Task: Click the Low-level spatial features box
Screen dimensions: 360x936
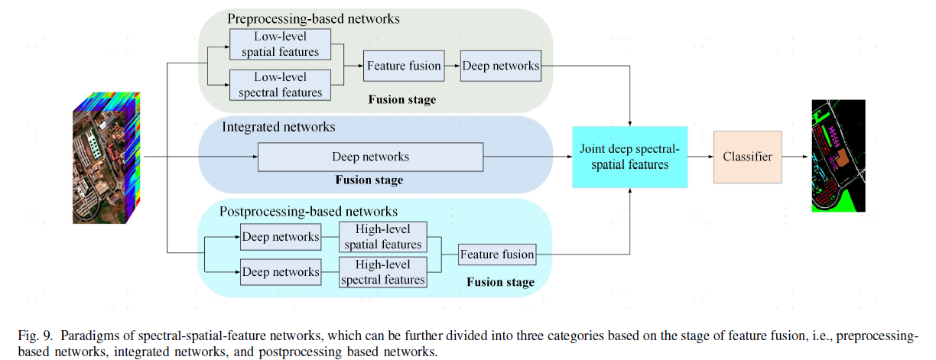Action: tap(280, 45)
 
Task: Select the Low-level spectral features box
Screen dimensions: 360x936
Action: tap(280, 85)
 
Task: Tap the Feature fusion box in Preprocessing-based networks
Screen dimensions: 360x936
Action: tap(404, 66)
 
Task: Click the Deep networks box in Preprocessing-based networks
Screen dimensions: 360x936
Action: tap(500, 66)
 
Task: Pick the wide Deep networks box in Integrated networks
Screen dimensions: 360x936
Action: tap(370, 157)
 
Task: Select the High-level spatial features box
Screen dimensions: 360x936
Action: tap(382, 237)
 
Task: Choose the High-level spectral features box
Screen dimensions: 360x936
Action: tap(382, 272)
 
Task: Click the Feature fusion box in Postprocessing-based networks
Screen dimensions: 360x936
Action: tap(497, 255)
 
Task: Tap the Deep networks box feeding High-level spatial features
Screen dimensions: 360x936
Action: tap(280, 237)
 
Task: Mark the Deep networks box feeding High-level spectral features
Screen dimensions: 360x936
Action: tap(280, 272)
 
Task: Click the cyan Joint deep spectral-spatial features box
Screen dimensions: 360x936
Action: tap(629, 157)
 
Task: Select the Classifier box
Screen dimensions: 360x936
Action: tap(747, 157)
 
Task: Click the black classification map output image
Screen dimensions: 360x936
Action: tap(838, 156)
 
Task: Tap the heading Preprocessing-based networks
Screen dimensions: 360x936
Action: tap(314, 18)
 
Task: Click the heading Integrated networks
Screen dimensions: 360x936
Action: tap(278, 126)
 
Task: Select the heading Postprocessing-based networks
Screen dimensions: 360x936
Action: tap(308, 211)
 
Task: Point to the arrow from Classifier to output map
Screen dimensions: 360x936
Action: tap(796, 157)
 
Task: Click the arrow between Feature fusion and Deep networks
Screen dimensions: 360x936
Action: tap(452, 66)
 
